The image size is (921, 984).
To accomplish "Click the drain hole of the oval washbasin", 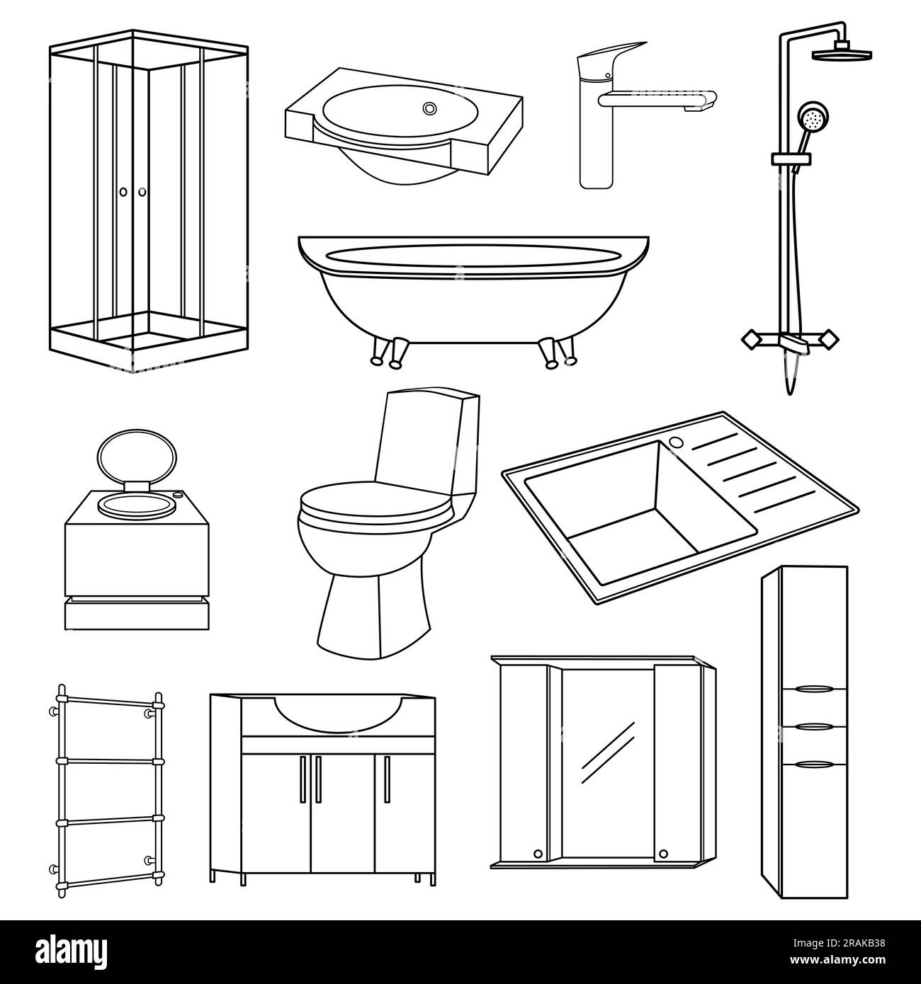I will [x=429, y=108].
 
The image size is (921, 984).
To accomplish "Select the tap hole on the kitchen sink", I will [x=675, y=442].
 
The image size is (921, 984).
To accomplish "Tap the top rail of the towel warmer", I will [x=106, y=701].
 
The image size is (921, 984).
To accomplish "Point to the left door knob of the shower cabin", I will [x=123, y=192].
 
